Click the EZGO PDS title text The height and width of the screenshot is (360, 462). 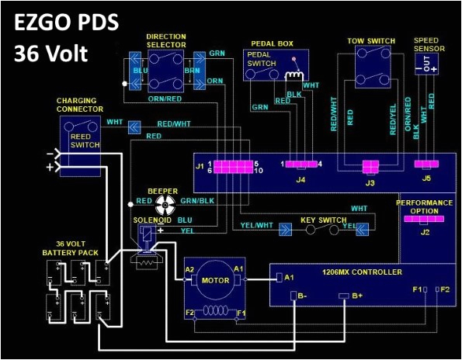(66, 23)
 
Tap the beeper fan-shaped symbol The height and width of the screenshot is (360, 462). (165, 204)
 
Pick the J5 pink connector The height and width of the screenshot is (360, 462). (423, 165)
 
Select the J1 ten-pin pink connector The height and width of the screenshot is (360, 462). (231, 167)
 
